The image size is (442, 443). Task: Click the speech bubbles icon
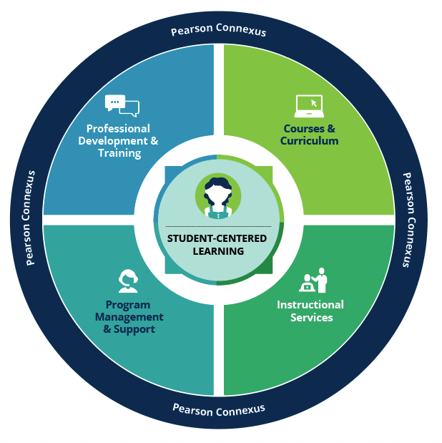pyautogui.click(x=122, y=105)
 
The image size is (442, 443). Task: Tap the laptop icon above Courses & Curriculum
pyautogui.click(x=309, y=105)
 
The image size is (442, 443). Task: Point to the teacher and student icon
pyautogui.click(x=314, y=280)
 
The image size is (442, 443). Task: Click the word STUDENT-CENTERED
pyautogui.click(x=217, y=238)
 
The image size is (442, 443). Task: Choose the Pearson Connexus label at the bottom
pyautogui.click(x=219, y=409)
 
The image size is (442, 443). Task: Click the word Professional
pyautogui.click(x=117, y=129)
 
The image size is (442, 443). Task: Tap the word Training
pyautogui.click(x=119, y=153)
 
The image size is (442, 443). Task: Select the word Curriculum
pyautogui.click(x=309, y=141)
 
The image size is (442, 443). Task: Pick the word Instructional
pyautogui.click(x=310, y=305)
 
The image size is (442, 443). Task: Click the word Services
pyautogui.click(x=311, y=317)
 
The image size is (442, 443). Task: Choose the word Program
pyautogui.click(x=128, y=305)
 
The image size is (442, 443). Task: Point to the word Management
pyautogui.click(x=129, y=317)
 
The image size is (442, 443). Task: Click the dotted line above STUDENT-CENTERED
pyautogui.click(x=217, y=226)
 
